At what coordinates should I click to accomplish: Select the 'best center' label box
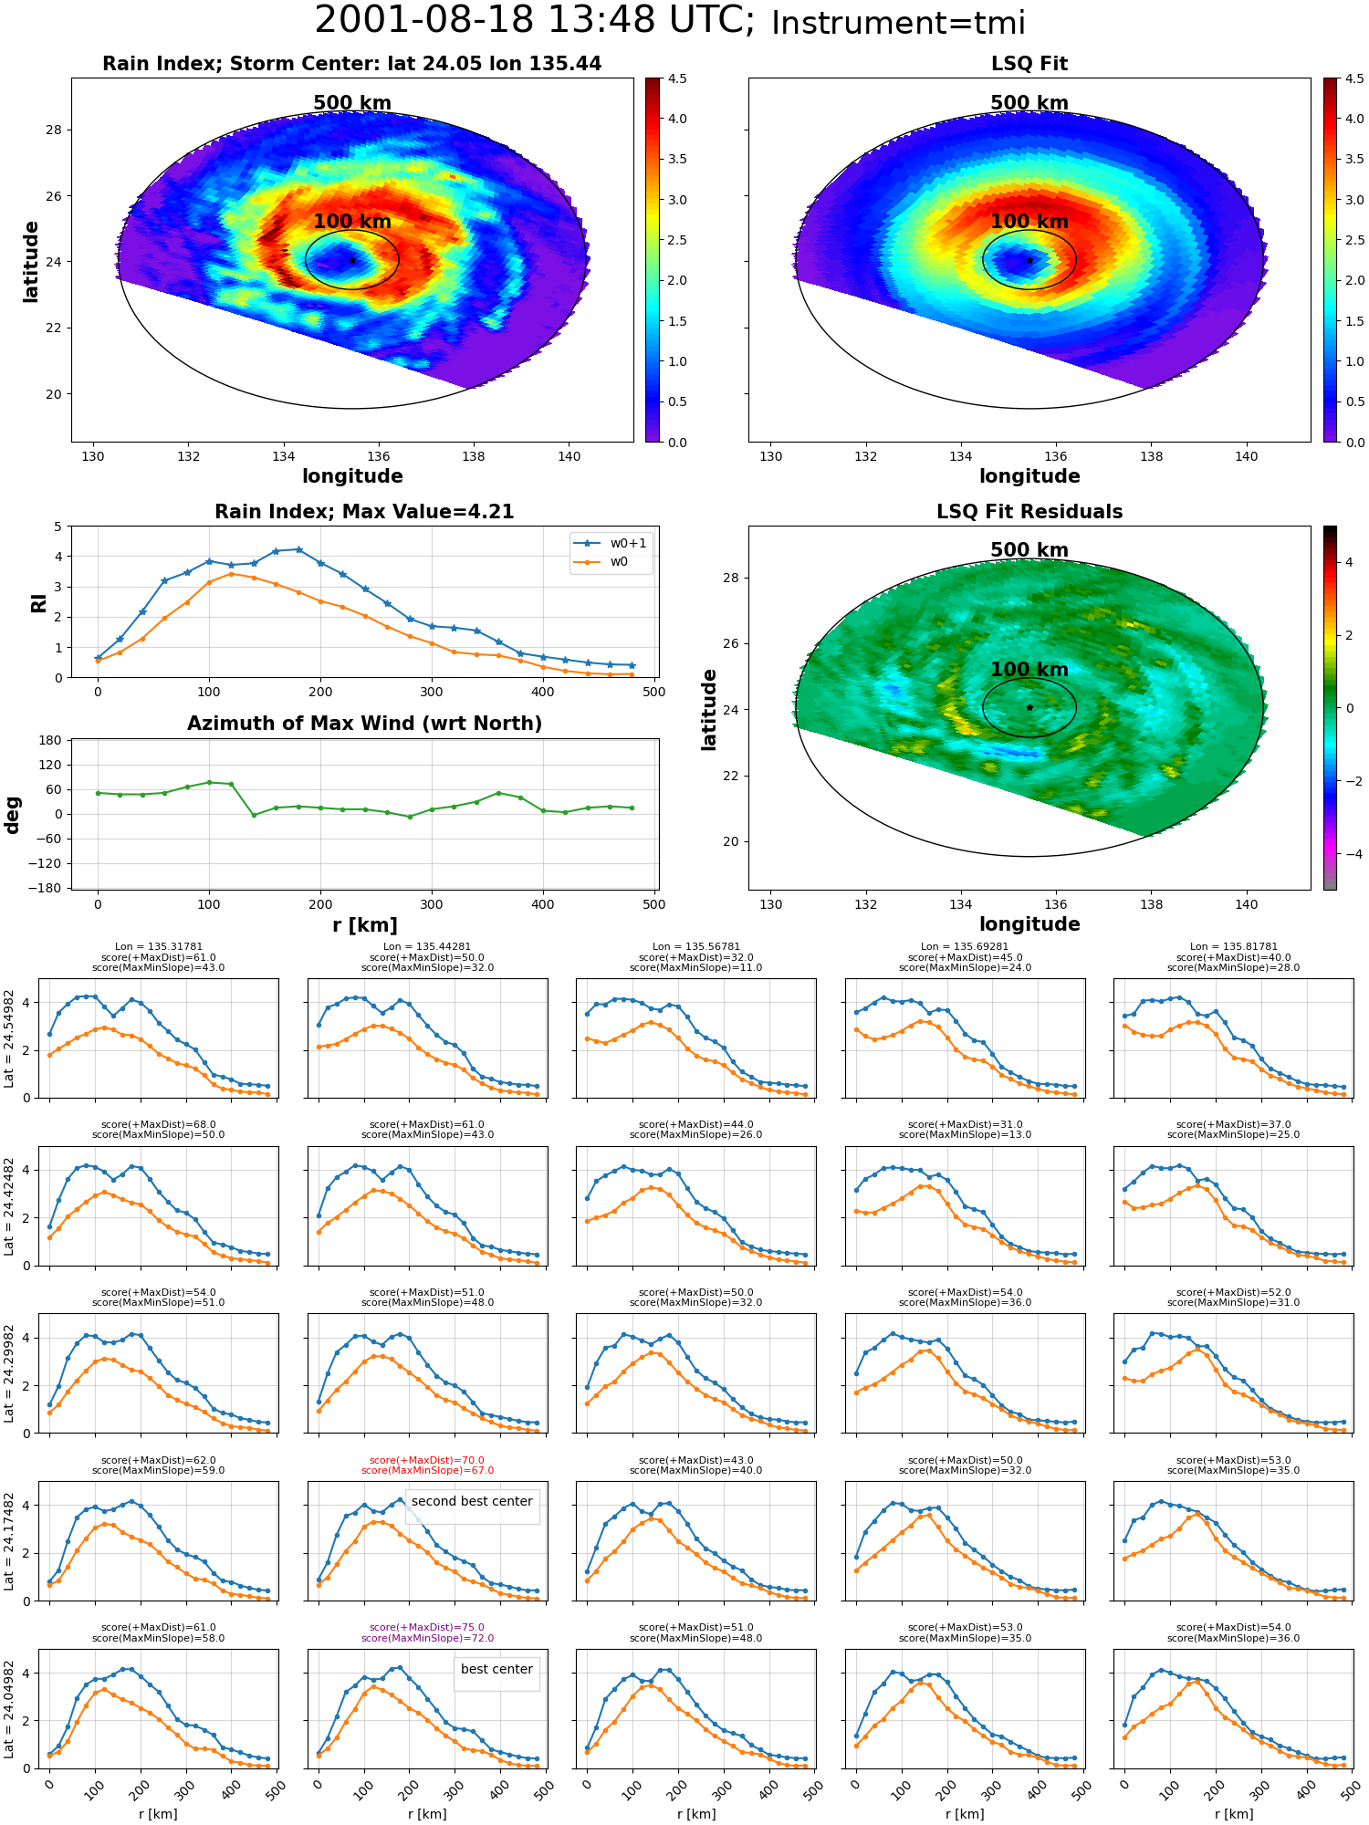496,1669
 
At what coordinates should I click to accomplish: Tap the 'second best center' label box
472,1501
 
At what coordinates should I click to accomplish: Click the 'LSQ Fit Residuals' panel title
1029,512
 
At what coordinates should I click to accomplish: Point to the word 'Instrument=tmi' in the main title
898,24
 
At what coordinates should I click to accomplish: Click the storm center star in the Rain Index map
352,260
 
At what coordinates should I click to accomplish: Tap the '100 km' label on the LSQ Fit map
1029,222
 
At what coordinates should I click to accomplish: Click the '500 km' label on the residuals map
1029,550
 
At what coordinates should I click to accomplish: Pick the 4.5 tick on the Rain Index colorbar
677,79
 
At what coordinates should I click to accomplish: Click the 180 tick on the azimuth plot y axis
50,741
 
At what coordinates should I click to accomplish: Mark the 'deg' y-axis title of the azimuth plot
13,815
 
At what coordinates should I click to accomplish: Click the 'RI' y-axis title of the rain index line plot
38,602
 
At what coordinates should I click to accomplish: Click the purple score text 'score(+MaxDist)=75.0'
427,1628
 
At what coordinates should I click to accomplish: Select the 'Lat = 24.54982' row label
9,1038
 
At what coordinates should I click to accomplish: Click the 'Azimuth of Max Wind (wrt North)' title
364,724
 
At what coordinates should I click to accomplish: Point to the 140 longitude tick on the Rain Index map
569,456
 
